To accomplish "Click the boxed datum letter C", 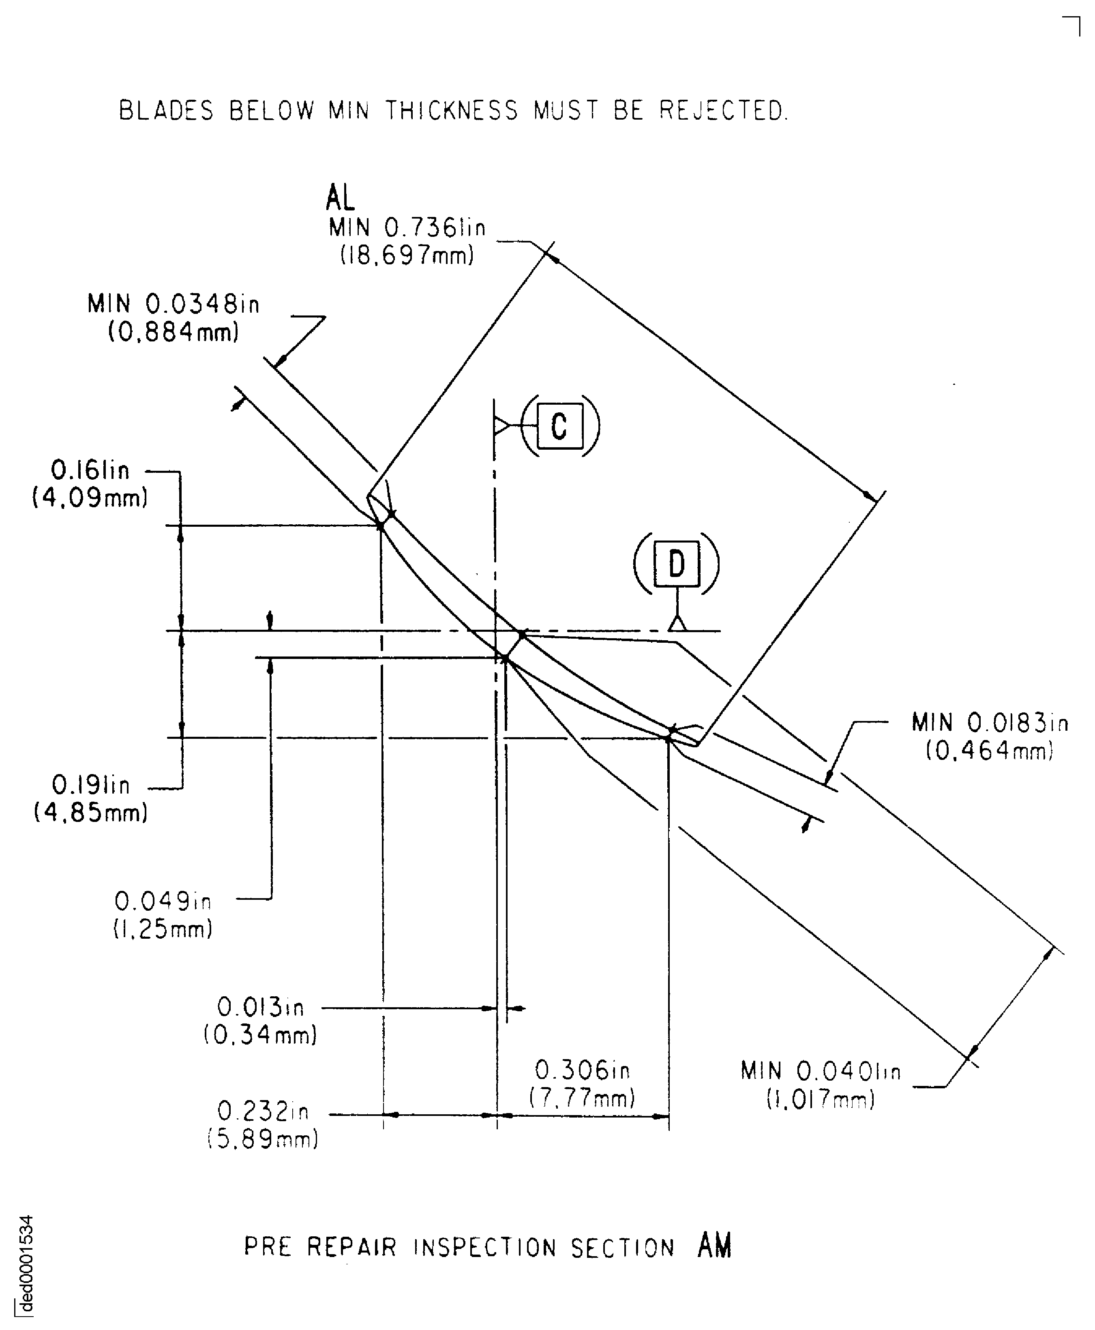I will coord(559,427).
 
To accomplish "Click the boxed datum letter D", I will coord(677,563).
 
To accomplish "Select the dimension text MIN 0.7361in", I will coord(407,228).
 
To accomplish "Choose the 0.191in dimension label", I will coord(91,785).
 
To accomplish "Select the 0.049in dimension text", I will coord(163,901).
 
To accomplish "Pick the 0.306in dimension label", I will coord(582,1070).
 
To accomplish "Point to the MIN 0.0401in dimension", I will coord(821,1071).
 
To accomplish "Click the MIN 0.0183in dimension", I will coord(990,723).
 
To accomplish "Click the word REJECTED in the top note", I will coord(724,111).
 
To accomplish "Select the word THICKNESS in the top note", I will coord(452,111).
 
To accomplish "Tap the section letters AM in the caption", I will coord(715,1245).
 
